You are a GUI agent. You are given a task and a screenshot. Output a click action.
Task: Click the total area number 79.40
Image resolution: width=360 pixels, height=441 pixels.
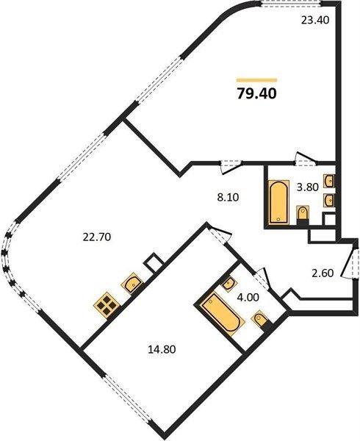tap(257, 93)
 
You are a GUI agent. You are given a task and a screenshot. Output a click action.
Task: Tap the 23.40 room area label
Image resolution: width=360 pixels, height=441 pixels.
tap(314, 21)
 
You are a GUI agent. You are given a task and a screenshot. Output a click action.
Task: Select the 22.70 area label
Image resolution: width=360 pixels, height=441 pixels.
tap(97, 237)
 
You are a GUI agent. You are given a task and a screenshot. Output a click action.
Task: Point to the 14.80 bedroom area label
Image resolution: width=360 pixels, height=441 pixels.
tap(162, 349)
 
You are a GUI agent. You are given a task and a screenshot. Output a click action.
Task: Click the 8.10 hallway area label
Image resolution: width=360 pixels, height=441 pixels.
tap(228, 198)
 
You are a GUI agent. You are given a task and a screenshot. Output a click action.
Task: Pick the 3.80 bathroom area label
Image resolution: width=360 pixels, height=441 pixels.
tap(308, 187)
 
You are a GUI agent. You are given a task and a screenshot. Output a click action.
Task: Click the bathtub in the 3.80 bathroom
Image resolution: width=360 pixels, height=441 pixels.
tap(278, 202)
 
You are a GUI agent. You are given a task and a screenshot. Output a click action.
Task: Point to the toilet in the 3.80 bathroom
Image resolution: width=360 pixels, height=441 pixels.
tap(303, 215)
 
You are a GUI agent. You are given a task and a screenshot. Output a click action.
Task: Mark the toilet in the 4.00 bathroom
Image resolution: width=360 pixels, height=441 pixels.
tap(262, 320)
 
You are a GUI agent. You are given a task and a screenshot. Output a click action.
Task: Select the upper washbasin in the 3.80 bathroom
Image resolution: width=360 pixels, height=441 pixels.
tap(329, 181)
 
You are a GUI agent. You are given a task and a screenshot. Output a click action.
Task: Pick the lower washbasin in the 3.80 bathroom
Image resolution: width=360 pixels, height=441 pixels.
tap(329, 200)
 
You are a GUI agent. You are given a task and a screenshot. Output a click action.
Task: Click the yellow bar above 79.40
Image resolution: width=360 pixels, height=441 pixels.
tap(257, 80)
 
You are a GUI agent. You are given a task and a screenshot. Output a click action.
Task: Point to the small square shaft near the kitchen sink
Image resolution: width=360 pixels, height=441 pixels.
tap(154, 262)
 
